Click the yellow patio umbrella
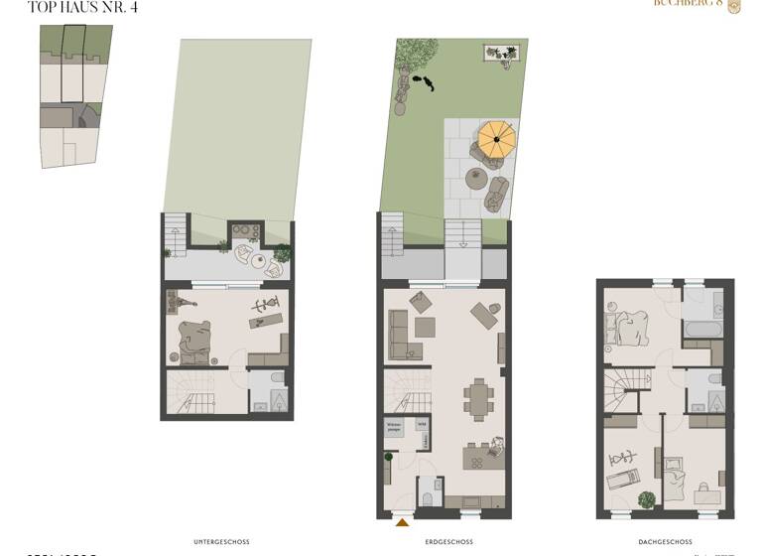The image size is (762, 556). tap(496, 140)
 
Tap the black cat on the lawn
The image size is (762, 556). tap(424, 83)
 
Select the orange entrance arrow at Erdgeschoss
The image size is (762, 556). tap(402, 521)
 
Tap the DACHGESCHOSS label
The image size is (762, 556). tap(665, 542)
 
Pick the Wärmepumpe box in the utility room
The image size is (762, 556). tap(394, 429)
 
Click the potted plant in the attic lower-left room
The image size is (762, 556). tap(646, 500)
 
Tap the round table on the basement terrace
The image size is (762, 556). tap(259, 264)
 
